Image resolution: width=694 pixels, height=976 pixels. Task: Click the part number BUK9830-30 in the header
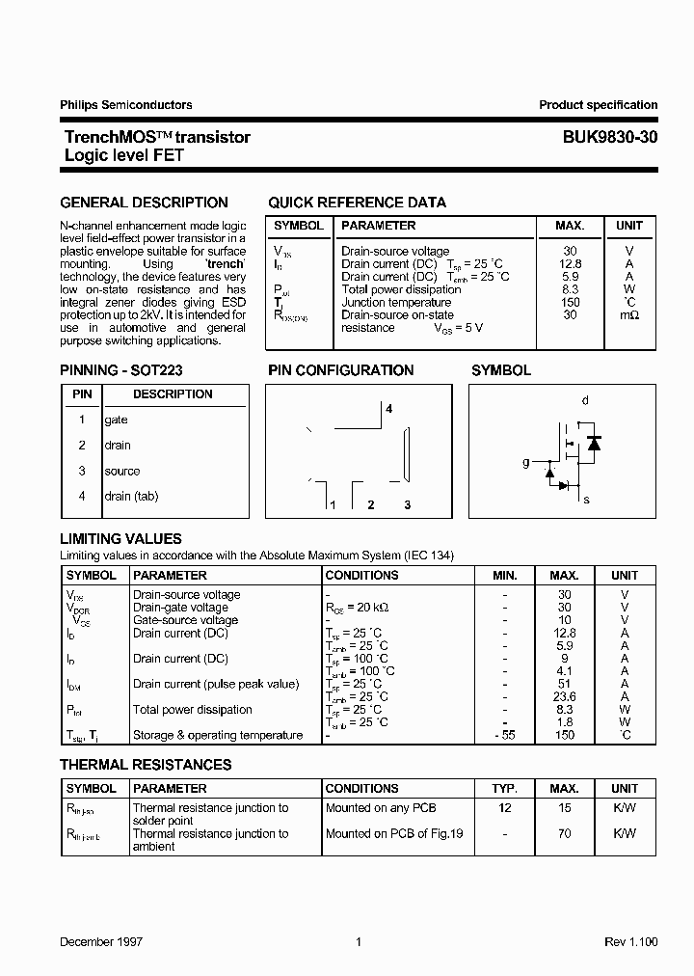click(610, 138)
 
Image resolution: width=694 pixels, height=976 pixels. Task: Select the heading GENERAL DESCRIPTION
click(144, 203)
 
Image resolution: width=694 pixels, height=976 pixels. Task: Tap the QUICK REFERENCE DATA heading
click(357, 203)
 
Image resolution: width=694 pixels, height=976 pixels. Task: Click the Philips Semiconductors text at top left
click(125, 105)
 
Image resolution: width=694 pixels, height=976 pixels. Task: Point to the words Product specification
click(598, 105)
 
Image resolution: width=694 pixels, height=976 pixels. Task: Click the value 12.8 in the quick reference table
click(570, 264)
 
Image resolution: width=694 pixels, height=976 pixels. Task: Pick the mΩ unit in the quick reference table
click(629, 315)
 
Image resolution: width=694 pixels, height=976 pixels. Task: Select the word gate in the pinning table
click(116, 420)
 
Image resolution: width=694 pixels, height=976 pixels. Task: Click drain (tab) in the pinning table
click(131, 497)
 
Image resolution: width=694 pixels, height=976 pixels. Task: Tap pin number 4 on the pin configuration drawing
click(389, 409)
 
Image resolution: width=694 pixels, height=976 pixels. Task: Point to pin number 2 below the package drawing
click(370, 505)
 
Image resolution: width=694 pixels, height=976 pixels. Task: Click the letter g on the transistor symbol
click(526, 463)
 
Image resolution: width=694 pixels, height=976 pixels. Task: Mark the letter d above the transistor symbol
click(585, 400)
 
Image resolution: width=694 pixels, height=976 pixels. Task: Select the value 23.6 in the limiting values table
click(565, 697)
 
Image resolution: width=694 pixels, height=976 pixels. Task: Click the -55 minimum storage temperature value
click(504, 735)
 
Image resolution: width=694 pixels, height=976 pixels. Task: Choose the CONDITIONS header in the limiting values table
click(361, 576)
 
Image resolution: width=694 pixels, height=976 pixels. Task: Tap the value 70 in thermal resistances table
click(565, 834)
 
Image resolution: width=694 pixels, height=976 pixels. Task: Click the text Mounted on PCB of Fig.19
click(394, 834)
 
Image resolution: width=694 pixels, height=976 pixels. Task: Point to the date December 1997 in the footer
click(101, 942)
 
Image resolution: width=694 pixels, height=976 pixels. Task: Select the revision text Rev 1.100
click(630, 942)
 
